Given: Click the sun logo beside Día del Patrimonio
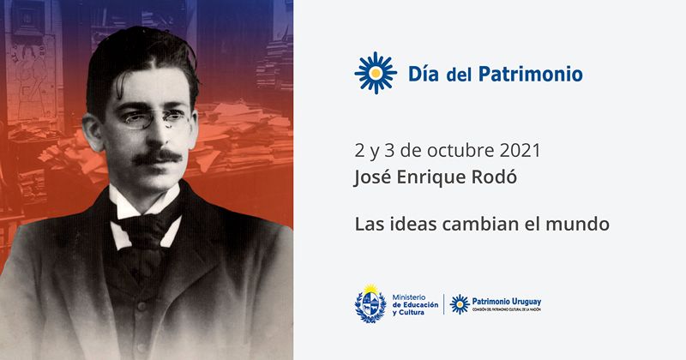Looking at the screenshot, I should [x=375, y=73].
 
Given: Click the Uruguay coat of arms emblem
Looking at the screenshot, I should [x=370, y=303].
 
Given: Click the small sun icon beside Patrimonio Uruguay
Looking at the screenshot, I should [x=460, y=303].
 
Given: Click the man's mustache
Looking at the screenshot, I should [x=159, y=157].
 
